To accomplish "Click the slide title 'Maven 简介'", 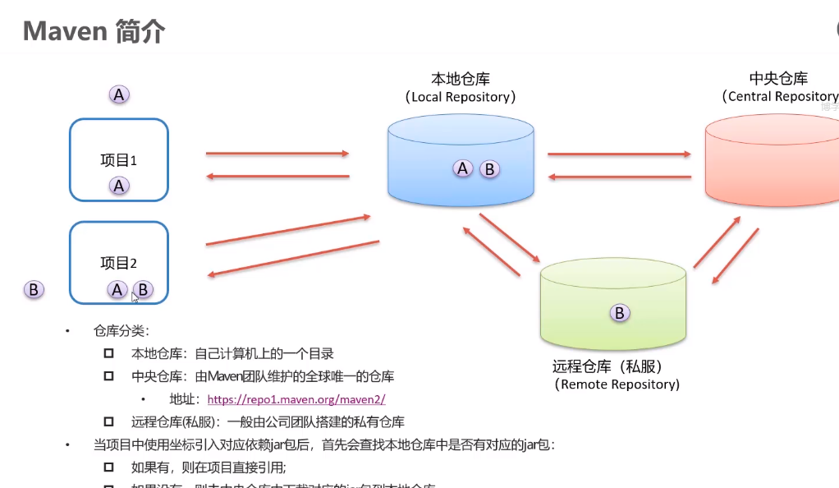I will click(94, 31).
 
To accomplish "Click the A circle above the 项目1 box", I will click(119, 95).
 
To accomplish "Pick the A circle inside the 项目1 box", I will click(119, 186).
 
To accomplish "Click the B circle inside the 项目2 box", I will click(143, 289).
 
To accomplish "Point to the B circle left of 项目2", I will click(34, 289).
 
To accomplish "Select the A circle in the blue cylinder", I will click(463, 168).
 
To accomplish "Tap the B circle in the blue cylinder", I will click(489, 169).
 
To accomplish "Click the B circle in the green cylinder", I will click(620, 312).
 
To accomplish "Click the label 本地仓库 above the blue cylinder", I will click(461, 79).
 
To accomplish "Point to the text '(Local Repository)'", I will click(461, 97).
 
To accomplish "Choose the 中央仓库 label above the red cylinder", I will click(778, 79).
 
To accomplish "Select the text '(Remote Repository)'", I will click(617, 384).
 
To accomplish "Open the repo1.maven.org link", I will click(296, 400).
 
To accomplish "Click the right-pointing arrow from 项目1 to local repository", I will click(277, 153).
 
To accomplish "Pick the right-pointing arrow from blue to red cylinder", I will click(619, 153).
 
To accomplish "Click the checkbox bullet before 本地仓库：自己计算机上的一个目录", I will click(108, 354).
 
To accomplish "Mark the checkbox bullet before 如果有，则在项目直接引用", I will click(108, 467).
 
